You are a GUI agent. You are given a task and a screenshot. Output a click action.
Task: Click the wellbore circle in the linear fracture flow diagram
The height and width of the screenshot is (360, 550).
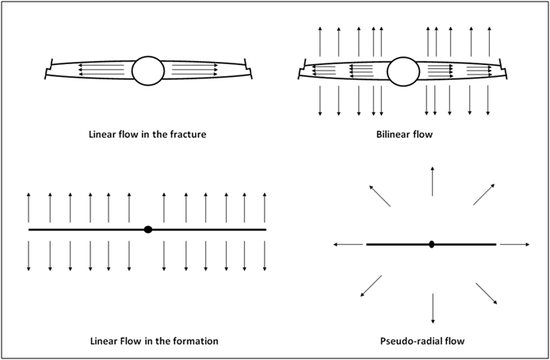[147, 71]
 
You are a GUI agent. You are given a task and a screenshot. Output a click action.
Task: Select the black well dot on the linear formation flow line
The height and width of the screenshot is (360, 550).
[147, 229]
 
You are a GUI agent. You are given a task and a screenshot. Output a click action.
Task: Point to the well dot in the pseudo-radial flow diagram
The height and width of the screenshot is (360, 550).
[431, 244]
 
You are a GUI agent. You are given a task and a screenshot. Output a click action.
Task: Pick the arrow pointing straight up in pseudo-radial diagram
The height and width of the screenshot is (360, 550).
[432, 181]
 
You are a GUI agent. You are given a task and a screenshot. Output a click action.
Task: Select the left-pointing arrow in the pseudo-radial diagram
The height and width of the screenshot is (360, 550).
[346, 245]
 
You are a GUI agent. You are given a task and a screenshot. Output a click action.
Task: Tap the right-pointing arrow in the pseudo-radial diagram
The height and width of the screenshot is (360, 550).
[516, 244]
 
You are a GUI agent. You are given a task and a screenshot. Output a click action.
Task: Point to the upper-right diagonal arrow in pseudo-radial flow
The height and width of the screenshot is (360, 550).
[485, 193]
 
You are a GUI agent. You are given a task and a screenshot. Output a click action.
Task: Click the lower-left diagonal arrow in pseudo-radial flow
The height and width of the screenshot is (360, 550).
[370, 286]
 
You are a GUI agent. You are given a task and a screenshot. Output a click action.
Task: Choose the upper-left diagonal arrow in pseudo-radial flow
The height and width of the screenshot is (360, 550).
[377, 195]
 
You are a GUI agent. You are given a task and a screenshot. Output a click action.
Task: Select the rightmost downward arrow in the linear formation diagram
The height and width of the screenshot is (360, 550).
[265, 254]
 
